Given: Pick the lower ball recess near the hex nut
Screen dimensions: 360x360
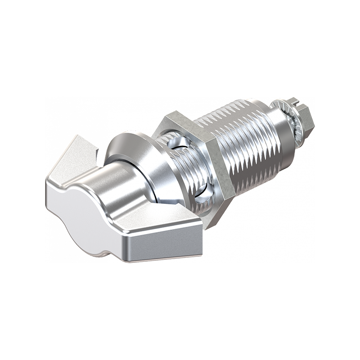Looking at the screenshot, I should (203, 193).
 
